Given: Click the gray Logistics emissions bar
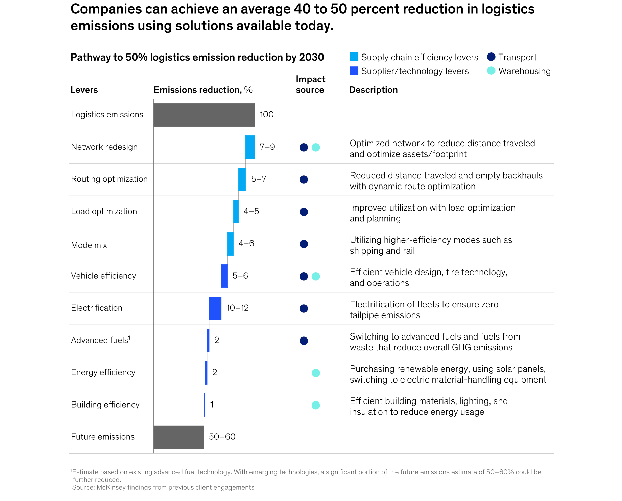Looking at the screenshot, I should pyautogui.click(x=204, y=115).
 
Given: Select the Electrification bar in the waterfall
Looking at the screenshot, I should pyautogui.click(x=215, y=308).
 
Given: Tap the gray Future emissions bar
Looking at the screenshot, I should pyautogui.click(x=178, y=437).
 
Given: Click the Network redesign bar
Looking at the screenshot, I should pyautogui.click(x=250, y=147).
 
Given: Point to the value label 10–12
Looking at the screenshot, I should pyautogui.click(x=237, y=308).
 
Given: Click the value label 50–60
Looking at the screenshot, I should pyautogui.click(x=222, y=437).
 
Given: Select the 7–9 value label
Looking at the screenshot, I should pyautogui.click(x=267, y=147).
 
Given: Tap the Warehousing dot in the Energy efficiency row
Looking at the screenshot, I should pyautogui.click(x=315, y=373).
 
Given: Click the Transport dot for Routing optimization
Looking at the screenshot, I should pyautogui.click(x=304, y=179).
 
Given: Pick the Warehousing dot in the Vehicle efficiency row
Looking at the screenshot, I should pyautogui.click(x=315, y=276).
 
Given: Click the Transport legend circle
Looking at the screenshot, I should pyautogui.click(x=491, y=57).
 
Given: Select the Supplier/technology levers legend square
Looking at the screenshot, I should pyautogui.click(x=354, y=71).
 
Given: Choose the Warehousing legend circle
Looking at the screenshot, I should pyautogui.click(x=491, y=71).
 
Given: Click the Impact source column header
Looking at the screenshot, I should pyautogui.click(x=310, y=85).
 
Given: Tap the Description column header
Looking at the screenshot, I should pyautogui.click(x=373, y=90).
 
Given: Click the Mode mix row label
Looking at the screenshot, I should pyautogui.click(x=89, y=245).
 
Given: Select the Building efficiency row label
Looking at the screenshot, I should pyautogui.click(x=105, y=405).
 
